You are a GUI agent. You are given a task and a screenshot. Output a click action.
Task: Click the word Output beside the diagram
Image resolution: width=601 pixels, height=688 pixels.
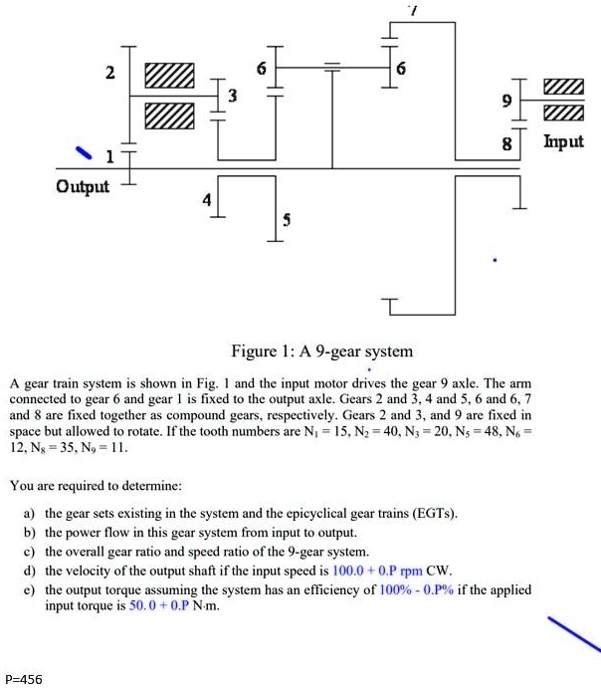click(84, 187)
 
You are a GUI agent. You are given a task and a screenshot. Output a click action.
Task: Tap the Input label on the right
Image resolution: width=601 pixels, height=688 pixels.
click(563, 141)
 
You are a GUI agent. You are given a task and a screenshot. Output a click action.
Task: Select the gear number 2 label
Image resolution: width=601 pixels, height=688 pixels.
click(110, 73)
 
